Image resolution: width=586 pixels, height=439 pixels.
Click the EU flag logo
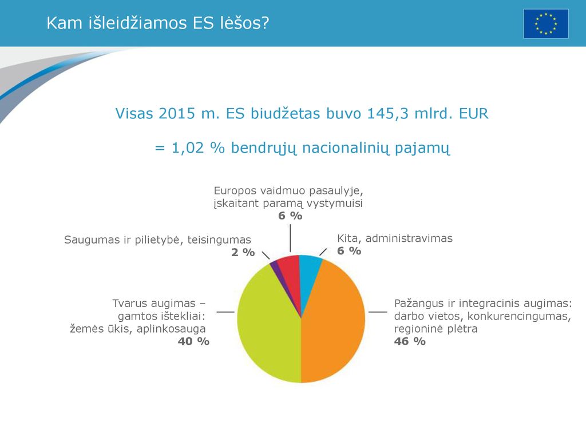pyautogui.click(x=545, y=24)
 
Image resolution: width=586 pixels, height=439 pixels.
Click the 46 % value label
pyautogui.click(x=410, y=341)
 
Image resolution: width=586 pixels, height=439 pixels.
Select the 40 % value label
pyautogui.click(x=193, y=341)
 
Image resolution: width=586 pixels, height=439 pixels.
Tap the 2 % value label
pyautogui.click(x=243, y=252)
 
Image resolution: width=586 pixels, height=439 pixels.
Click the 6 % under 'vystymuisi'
pyautogui.click(x=290, y=215)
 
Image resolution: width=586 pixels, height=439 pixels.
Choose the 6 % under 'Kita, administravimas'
pyautogui.click(x=349, y=251)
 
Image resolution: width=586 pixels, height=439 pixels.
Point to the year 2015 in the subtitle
pyautogui.click(x=176, y=114)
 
